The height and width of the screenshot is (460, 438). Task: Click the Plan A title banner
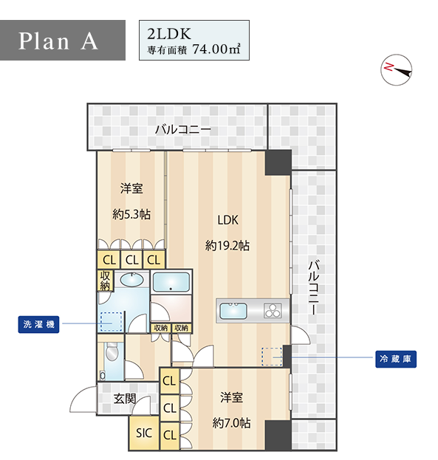point(63,40)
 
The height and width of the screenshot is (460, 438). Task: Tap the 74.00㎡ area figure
point(216,49)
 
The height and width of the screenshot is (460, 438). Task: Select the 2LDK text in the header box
point(169,34)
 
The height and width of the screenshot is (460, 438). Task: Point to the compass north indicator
point(397,70)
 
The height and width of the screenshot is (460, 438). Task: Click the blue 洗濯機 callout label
point(38,324)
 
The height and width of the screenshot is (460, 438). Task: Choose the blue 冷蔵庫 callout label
point(396,359)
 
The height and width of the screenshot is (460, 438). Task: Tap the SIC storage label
point(144,433)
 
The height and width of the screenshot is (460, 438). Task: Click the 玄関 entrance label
point(125,399)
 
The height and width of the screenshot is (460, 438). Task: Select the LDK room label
point(227,220)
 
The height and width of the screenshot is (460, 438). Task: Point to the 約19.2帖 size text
point(227,245)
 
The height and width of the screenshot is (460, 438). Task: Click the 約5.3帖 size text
point(131,214)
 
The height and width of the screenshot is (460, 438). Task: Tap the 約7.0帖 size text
point(231,423)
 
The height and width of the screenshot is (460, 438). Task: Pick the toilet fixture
point(112,351)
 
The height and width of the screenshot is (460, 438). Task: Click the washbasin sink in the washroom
point(132,280)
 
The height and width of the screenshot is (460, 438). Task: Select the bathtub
point(171,282)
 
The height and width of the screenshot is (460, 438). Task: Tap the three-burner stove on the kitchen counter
point(273,311)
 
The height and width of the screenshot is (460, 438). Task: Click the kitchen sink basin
point(233,311)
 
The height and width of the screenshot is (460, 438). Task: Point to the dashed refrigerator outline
point(272,357)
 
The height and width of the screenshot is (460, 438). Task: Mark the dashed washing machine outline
point(112,322)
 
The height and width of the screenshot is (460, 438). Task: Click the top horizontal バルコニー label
point(183,129)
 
